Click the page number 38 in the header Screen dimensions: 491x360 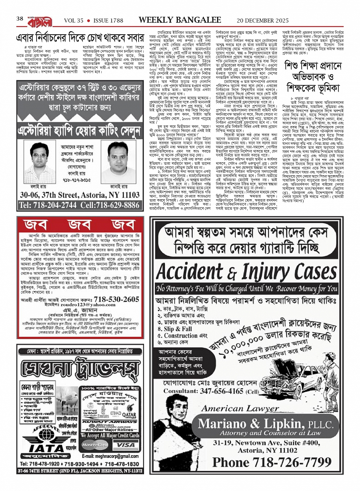click(20, 19)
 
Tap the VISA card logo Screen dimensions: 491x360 click(126, 445)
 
